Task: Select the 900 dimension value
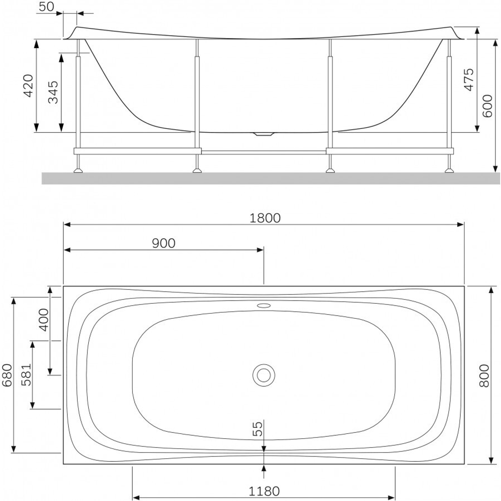click(x=163, y=243)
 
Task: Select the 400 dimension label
click(x=44, y=319)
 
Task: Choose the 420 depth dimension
click(x=29, y=86)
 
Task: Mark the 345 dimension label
click(x=53, y=92)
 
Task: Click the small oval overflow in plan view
click(x=264, y=305)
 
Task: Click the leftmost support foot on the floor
click(x=78, y=170)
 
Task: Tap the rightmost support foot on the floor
click(x=448, y=170)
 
